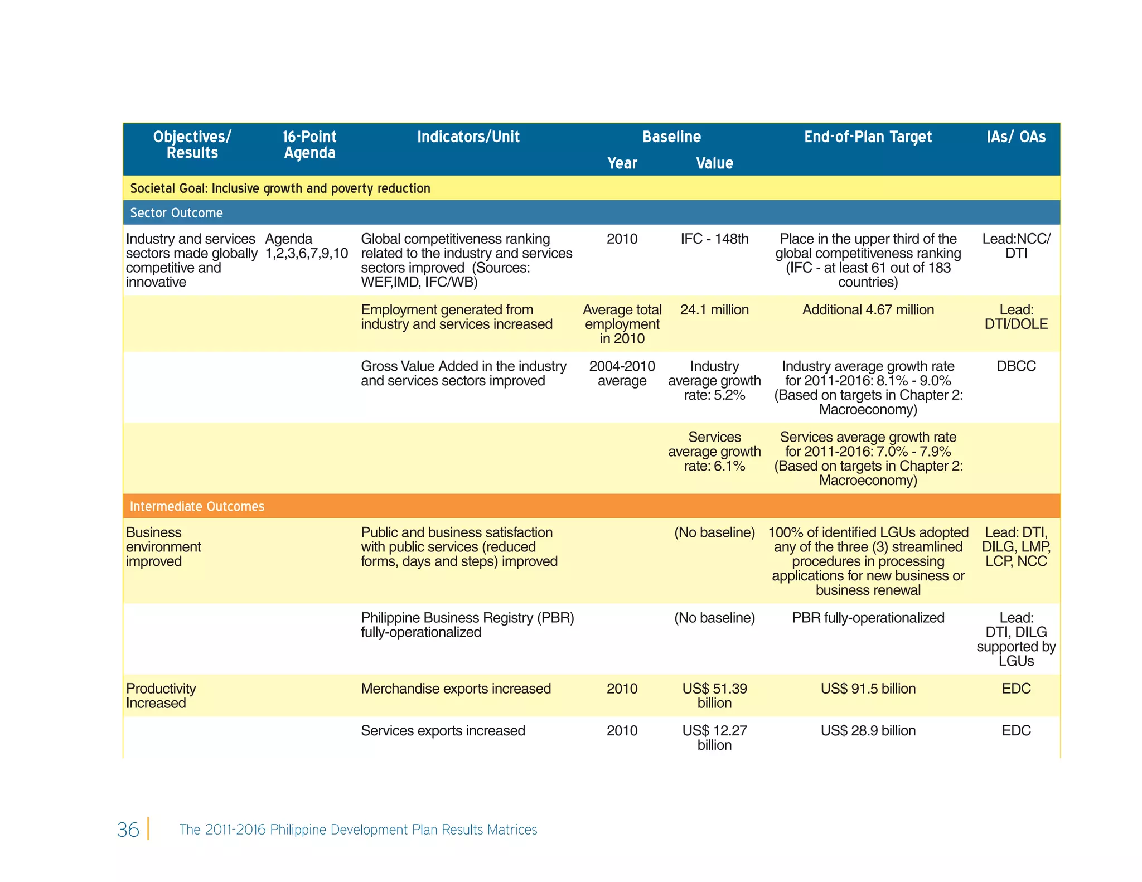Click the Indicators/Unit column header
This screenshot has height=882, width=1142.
[468, 137]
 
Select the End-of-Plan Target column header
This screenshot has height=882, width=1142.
[868, 137]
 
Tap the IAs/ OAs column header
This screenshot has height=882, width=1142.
[1016, 137]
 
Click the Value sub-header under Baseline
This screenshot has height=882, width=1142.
[714, 163]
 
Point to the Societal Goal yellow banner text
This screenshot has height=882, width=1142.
[280, 188]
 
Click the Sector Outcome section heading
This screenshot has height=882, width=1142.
[176, 213]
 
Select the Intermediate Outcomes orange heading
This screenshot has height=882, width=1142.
[197, 506]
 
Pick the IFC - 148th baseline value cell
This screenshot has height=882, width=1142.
[714, 239]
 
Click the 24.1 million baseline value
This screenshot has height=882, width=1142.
[714, 310]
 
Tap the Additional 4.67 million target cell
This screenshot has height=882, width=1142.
[868, 310]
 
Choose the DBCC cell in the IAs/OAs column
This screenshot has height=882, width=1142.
[1016, 366]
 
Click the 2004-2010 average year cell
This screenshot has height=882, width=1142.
[622, 374]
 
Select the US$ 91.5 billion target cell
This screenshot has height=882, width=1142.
[868, 689]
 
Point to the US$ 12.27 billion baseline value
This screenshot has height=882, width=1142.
[714, 738]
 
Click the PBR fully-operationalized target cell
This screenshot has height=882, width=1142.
[868, 618]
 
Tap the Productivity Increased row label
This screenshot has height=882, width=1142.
[161, 696]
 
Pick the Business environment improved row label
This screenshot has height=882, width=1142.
[163, 547]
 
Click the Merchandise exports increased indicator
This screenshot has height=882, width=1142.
[456, 689]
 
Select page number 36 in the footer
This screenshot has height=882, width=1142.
[128, 830]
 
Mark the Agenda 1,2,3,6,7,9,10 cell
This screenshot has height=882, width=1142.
[306, 246]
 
